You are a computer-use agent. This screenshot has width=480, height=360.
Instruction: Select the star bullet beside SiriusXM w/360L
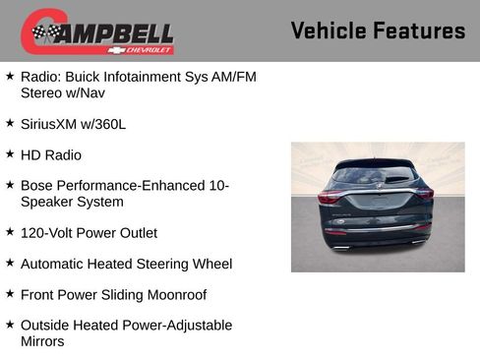click(10, 124)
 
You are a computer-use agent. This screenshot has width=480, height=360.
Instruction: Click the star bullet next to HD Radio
click(10, 154)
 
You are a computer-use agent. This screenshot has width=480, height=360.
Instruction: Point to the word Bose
click(37, 186)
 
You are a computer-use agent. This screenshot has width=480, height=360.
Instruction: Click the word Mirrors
click(42, 341)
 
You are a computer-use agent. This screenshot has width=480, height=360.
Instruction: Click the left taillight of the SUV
click(330, 196)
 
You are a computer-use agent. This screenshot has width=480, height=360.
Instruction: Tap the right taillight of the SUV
click(425, 195)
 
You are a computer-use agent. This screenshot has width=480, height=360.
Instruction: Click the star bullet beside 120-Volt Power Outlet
click(10, 233)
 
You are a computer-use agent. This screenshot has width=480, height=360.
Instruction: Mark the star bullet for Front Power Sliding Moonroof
click(10, 294)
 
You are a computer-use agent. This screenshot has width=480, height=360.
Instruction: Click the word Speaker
click(47, 202)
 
